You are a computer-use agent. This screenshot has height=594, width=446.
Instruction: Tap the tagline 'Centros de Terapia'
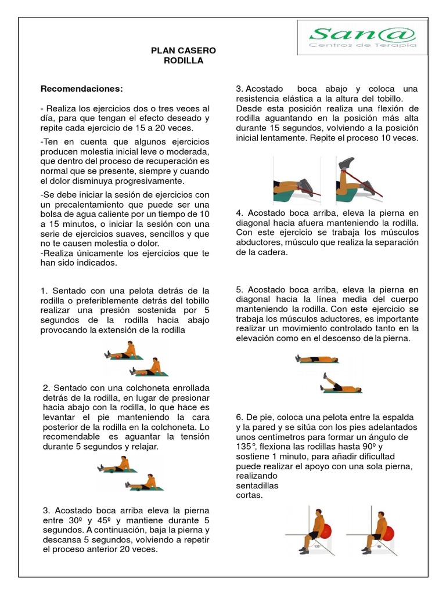[363, 45]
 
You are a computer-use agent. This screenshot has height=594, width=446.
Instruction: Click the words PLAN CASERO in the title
[175, 51]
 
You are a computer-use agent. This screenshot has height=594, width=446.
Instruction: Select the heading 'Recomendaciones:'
[82, 89]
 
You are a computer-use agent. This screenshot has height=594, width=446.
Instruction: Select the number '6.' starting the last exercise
[239, 417]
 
